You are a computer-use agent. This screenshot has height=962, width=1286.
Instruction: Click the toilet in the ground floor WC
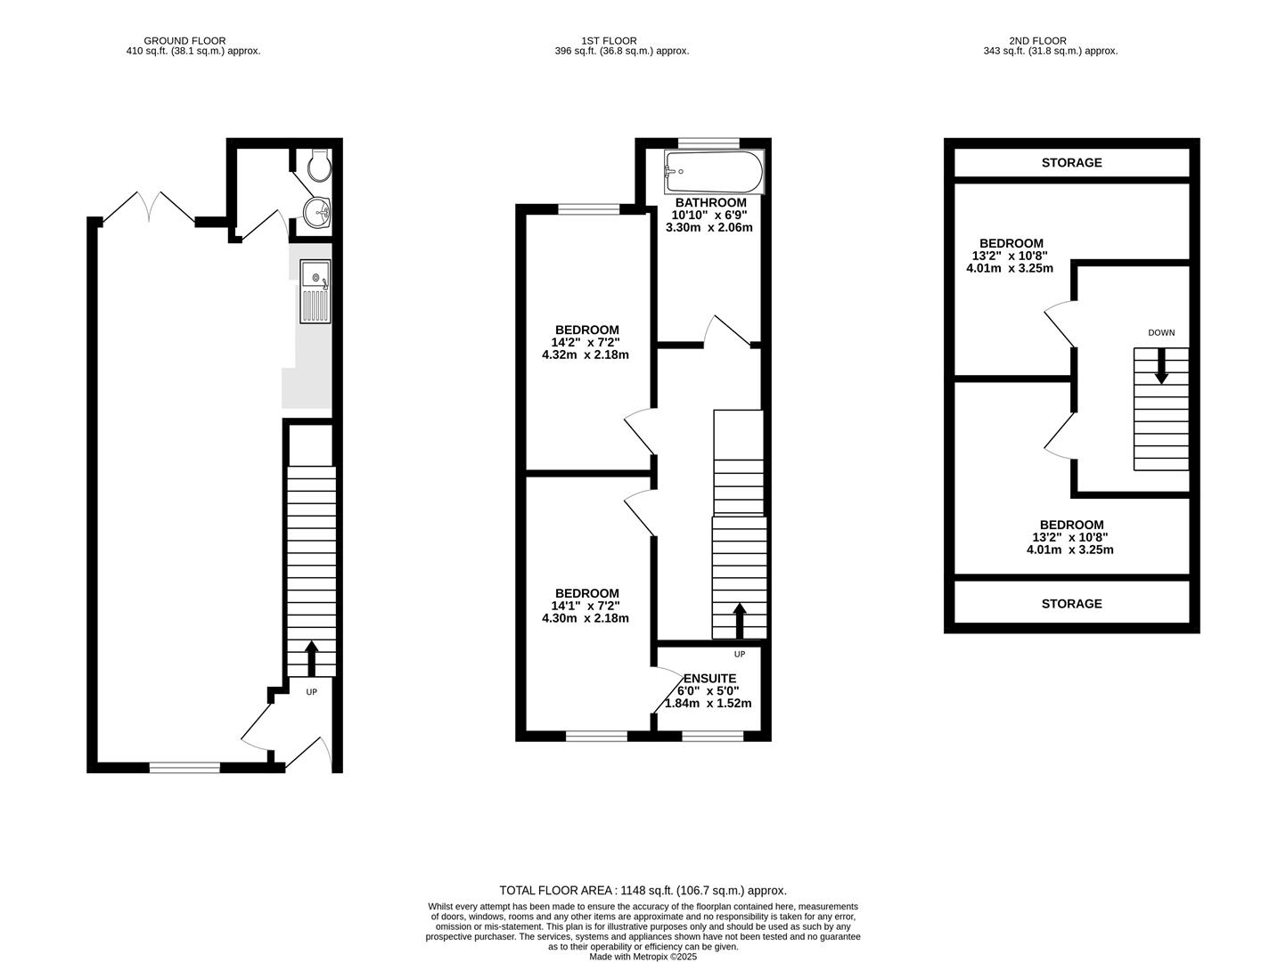(x=317, y=165)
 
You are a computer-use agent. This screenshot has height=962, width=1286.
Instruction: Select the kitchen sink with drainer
(x=315, y=291)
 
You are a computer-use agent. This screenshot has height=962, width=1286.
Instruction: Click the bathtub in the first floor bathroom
(x=714, y=172)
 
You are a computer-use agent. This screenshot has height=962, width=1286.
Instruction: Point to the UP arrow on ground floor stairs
(x=311, y=658)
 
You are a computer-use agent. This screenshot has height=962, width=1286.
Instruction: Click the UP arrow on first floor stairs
(x=739, y=620)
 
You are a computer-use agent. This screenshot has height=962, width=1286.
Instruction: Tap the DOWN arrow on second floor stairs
(x=1161, y=366)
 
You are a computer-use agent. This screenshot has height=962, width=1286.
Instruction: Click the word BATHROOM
(x=710, y=203)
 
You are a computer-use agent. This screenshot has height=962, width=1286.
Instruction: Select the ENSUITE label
(x=709, y=679)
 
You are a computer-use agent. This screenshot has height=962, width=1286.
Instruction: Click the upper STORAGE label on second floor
(x=1071, y=163)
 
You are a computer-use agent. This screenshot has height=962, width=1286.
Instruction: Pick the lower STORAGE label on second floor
(x=1071, y=604)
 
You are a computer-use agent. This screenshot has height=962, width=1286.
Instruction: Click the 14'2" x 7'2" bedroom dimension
(x=586, y=342)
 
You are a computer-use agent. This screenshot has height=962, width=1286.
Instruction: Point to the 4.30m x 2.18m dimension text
(x=586, y=618)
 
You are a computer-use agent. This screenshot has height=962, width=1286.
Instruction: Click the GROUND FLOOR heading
(x=184, y=41)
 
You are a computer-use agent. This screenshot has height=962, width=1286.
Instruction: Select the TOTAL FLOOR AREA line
(x=643, y=890)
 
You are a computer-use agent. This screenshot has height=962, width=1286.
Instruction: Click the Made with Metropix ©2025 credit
(x=643, y=957)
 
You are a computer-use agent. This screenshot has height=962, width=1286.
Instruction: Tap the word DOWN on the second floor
(x=1161, y=333)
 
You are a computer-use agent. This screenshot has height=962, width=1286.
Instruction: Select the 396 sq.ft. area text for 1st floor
(x=622, y=52)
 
